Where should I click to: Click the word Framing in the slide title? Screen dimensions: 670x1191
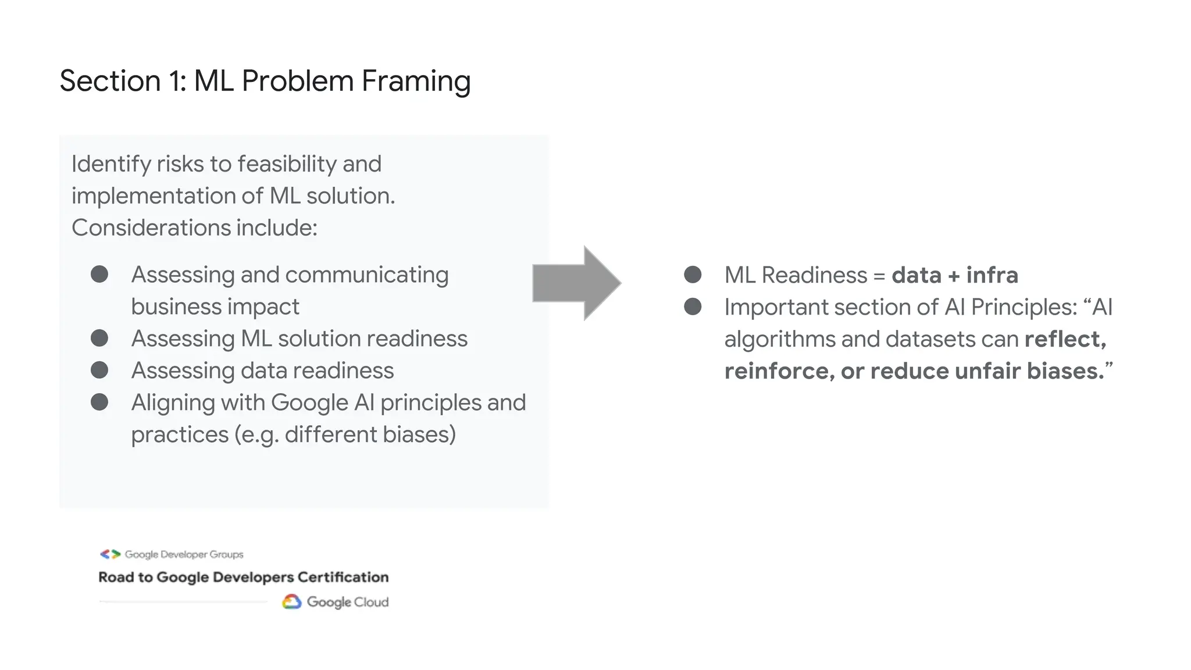click(416, 81)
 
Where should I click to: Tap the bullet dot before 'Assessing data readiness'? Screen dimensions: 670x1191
click(99, 370)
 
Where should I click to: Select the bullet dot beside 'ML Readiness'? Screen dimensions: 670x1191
click(693, 275)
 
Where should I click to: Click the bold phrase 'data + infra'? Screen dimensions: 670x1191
click(954, 275)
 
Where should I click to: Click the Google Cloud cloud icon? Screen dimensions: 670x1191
click(291, 602)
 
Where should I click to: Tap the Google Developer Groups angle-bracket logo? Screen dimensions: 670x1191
click(110, 554)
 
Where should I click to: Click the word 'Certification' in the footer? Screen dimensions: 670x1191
click(343, 577)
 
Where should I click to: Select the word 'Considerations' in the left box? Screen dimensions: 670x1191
click(151, 227)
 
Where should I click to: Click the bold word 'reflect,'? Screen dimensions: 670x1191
click(1065, 339)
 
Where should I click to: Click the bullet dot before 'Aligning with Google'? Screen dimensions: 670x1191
click(99, 402)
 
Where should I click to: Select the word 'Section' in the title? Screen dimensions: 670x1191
click(110, 81)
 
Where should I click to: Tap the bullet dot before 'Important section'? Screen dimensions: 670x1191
click(693, 307)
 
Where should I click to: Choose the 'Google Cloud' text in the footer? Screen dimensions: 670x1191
click(347, 602)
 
